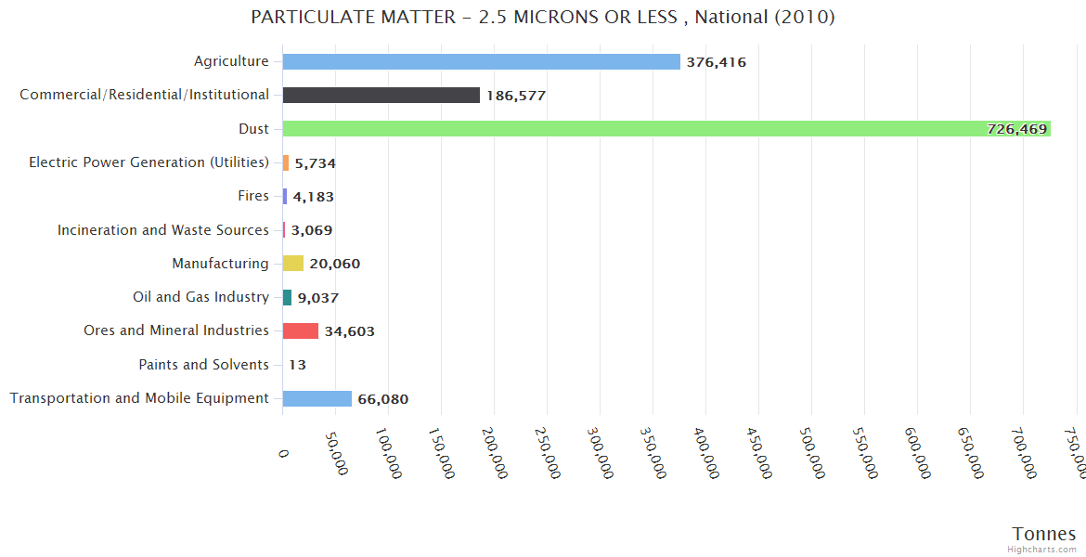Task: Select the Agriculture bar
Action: (481, 62)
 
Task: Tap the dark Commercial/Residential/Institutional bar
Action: (381, 96)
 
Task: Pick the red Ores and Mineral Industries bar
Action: (300, 331)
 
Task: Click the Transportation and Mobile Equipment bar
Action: (317, 399)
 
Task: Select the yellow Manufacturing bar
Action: (292, 264)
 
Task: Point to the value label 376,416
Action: (716, 62)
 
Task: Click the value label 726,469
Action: (1016, 129)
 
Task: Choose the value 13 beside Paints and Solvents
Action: (297, 365)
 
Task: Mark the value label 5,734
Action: (315, 163)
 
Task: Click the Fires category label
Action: (253, 196)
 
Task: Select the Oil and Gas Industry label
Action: (200, 297)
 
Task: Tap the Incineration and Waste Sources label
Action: (163, 230)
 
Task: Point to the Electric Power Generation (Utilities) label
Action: (149, 162)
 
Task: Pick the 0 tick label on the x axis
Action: (284, 452)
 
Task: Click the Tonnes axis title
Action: (1043, 534)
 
